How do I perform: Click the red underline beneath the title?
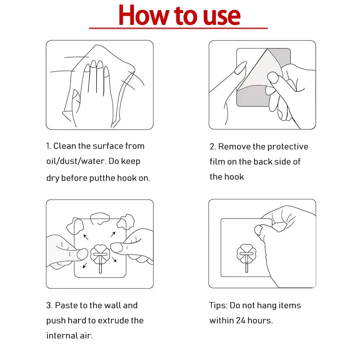179,28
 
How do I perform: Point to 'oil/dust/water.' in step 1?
76,161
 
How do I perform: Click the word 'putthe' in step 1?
102,178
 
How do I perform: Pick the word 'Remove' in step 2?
234,147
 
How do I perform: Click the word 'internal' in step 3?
62,336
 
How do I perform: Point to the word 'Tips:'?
218,306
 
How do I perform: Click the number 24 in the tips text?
240,320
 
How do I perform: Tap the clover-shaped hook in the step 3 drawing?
100,255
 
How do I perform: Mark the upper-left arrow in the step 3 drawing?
86,237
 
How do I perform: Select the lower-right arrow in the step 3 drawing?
114,260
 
